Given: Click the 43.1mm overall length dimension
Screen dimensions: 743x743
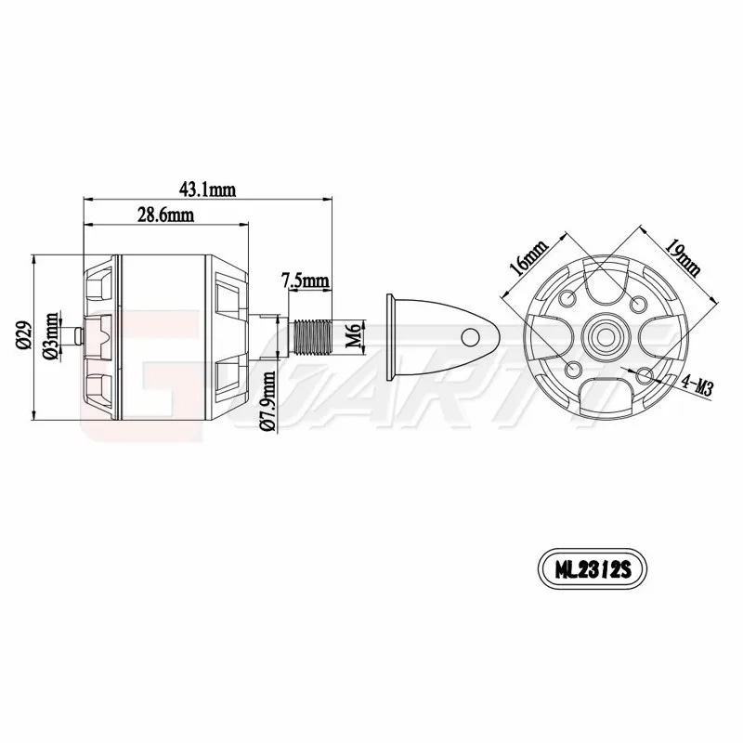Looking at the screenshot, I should click(208, 189).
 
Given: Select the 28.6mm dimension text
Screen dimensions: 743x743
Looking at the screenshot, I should click(165, 215).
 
